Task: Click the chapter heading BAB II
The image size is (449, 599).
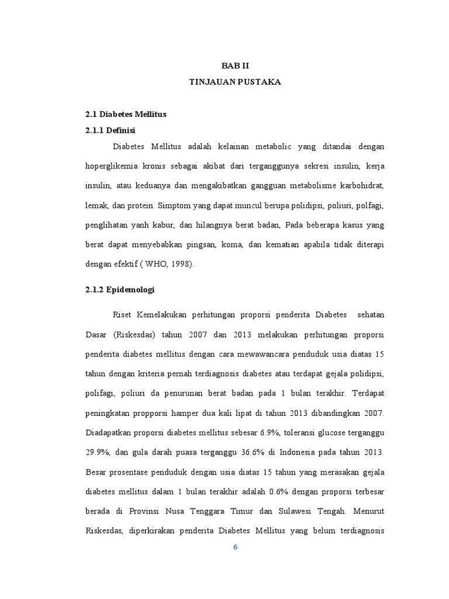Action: point(235,66)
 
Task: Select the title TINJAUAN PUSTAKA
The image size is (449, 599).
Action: point(235,82)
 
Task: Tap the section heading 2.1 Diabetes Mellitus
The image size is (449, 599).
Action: point(126,114)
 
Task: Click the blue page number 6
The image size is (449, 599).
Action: point(236,548)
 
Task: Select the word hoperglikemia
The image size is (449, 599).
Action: point(109,167)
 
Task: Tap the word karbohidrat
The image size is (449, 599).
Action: point(362,185)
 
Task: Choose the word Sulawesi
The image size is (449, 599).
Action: point(295,511)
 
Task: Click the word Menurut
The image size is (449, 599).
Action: point(368,511)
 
